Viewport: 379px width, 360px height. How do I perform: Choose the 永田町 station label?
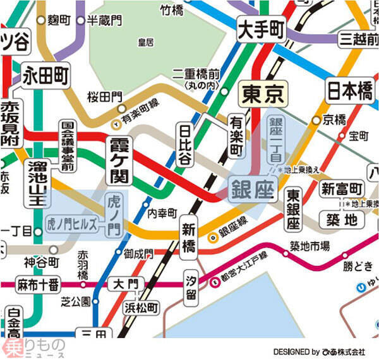coord(45,76)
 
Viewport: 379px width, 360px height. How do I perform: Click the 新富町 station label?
coord(342,188)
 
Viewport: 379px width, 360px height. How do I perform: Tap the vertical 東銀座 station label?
coord(292,209)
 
